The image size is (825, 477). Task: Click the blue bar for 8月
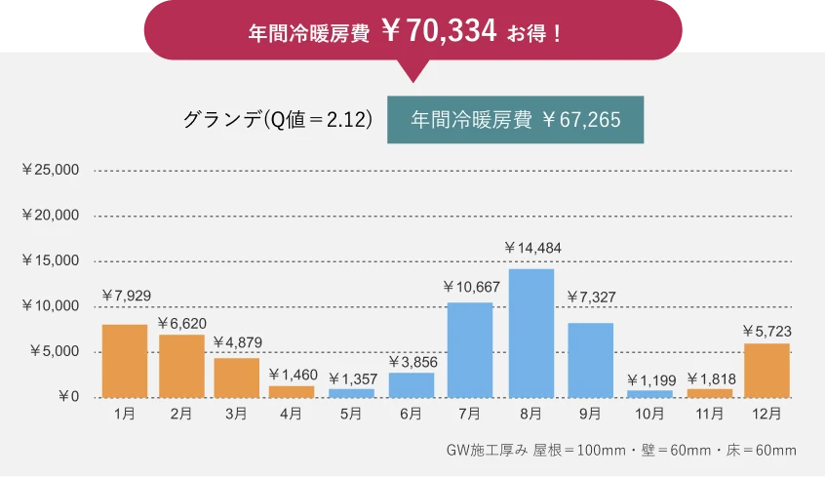tap(530, 333)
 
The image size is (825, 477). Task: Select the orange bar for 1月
tap(124, 361)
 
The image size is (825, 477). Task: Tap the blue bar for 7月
tap(469, 350)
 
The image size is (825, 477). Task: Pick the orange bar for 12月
tap(766, 371)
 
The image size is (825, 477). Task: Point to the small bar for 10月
tap(648, 394)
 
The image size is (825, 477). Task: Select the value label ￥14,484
tap(532, 249)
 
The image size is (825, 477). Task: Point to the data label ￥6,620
tap(181, 324)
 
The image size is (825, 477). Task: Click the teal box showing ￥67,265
tap(516, 120)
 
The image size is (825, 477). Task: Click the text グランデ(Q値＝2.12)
tap(279, 120)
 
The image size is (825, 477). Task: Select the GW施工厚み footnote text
tap(620, 450)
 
